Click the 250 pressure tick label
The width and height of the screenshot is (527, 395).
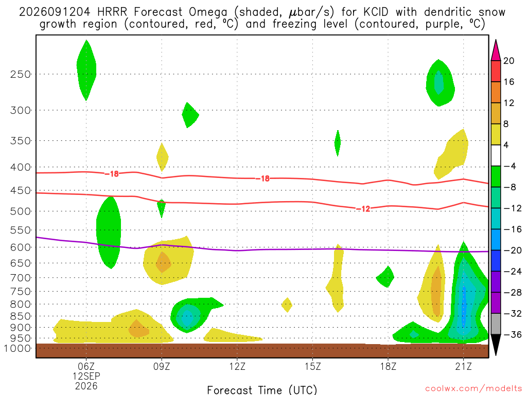point(20,74)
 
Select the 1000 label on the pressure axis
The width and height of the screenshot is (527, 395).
point(17,349)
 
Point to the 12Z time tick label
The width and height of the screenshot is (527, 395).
point(237,366)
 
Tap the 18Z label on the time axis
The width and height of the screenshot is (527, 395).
point(388,366)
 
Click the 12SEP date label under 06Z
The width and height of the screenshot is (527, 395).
point(86,376)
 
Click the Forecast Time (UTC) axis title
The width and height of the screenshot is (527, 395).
point(262,390)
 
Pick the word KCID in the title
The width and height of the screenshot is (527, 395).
point(376,12)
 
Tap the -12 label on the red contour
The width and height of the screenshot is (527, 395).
point(363,209)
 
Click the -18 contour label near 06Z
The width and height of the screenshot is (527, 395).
point(112,174)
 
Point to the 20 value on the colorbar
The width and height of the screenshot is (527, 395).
point(508,61)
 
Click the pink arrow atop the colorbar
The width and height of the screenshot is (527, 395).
point(496,51)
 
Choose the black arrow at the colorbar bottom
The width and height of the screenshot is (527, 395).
point(496,344)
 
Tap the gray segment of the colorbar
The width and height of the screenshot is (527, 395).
point(496,324)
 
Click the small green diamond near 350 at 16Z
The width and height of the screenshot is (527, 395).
point(338,143)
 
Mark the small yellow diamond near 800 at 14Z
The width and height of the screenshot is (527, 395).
point(287,305)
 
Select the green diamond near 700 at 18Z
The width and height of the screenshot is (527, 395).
point(385,277)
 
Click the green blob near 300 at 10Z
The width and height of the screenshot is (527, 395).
point(189,115)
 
